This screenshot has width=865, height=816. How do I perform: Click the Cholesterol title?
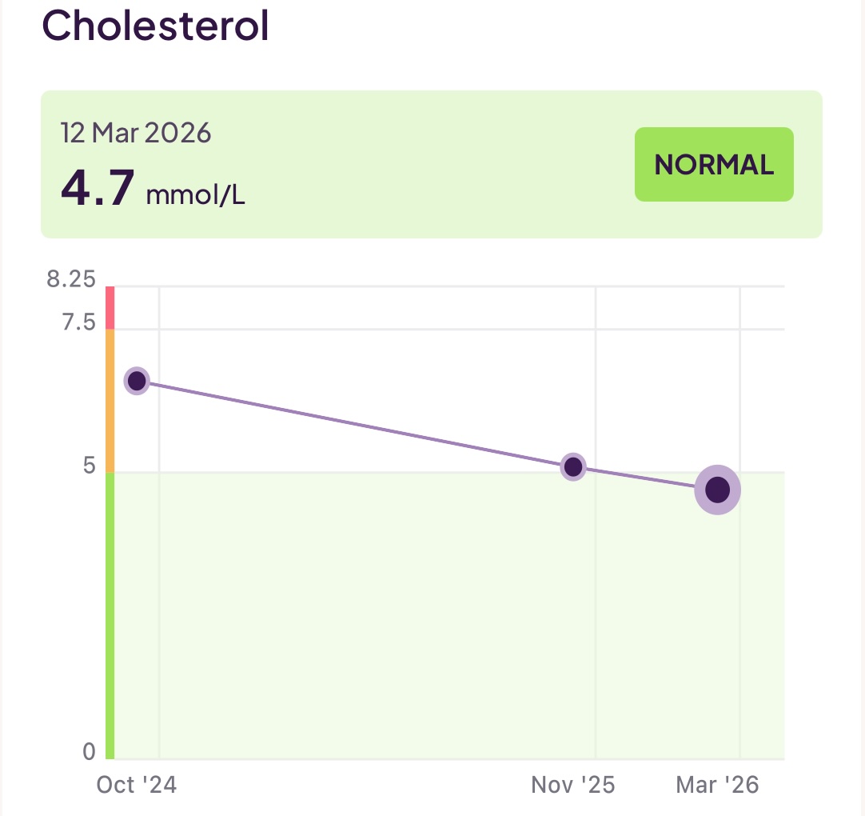point(155,26)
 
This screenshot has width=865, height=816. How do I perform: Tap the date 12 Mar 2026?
point(136,133)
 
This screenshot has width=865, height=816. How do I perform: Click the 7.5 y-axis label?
point(78,323)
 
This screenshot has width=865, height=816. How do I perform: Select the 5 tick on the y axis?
point(89,466)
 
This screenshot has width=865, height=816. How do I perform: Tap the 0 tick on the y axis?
point(89,752)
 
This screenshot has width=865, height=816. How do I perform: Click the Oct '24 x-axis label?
point(136,786)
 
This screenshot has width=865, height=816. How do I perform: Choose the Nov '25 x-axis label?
point(572,786)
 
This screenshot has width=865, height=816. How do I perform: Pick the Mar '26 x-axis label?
point(717,786)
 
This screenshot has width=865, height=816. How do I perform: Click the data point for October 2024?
point(137,381)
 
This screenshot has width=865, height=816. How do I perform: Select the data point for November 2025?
point(573,466)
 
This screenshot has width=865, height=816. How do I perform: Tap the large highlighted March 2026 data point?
point(717,490)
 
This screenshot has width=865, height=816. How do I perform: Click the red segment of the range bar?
point(110,307)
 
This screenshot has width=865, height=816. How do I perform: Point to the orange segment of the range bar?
point(110,400)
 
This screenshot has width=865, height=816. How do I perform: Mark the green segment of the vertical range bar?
point(110,616)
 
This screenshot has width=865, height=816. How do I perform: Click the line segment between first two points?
point(355,424)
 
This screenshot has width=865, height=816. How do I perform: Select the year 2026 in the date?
point(181,133)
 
